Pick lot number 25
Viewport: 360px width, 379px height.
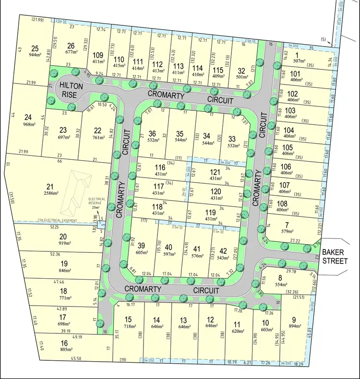[34, 48]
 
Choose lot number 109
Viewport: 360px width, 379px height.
[98, 55]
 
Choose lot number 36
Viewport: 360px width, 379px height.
[153, 134]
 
